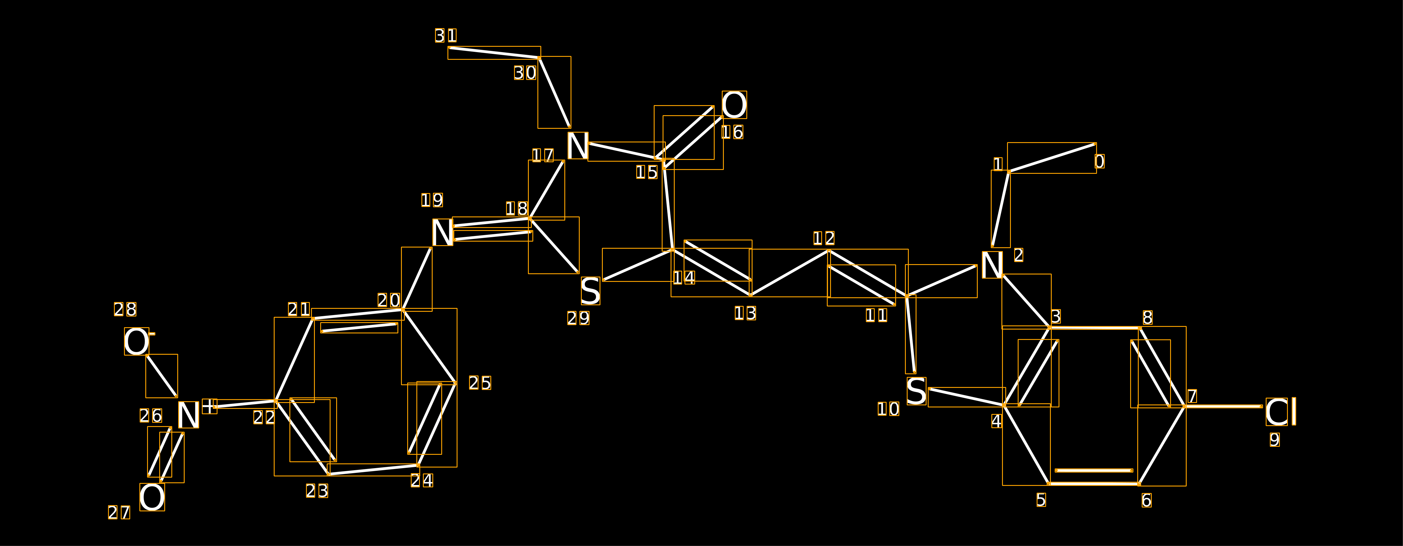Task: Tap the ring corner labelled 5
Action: pyautogui.click(x=1049, y=483)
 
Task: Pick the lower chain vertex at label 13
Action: pyautogui.click(x=750, y=295)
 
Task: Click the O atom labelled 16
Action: pyautogui.click(x=734, y=105)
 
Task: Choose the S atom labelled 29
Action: pyautogui.click(x=590, y=291)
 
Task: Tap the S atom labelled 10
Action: pyautogui.click(x=916, y=391)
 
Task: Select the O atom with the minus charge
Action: pyautogui.click(x=136, y=342)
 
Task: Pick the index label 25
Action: pyautogui.click(x=480, y=383)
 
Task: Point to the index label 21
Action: pyautogui.click(x=299, y=309)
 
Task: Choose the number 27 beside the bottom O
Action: pyautogui.click(x=119, y=513)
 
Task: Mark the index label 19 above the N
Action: pyautogui.click(x=432, y=200)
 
